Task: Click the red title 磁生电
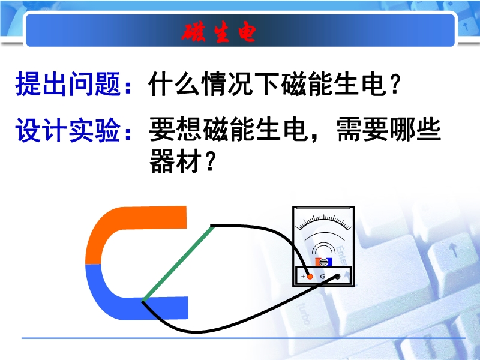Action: (x=218, y=32)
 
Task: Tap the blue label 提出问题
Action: (x=67, y=83)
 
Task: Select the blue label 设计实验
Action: (x=67, y=130)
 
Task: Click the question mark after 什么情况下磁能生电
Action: (x=395, y=84)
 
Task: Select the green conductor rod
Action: (x=177, y=264)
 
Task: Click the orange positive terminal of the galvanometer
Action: (x=310, y=277)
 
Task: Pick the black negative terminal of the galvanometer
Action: (x=337, y=277)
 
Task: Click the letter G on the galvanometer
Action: (x=322, y=277)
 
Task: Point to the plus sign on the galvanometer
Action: (x=303, y=276)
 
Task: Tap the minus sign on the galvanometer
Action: (x=346, y=277)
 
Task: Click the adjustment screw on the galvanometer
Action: (x=323, y=262)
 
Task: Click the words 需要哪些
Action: (x=388, y=130)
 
